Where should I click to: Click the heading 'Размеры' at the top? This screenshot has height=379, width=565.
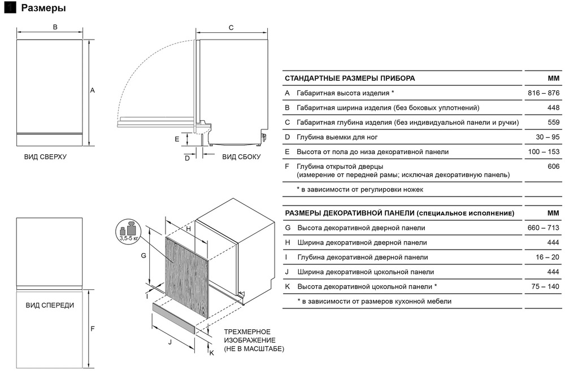(x=43, y=8)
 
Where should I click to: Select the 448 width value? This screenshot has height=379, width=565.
(x=553, y=107)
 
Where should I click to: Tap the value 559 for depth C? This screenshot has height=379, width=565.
(x=553, y=122)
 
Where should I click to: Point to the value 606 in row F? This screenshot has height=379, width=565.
(x=553, y=167)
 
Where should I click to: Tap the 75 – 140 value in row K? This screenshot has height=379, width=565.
(x=544, y=286)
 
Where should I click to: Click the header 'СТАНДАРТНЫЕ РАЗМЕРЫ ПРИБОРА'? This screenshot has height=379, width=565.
(x=350, y=78)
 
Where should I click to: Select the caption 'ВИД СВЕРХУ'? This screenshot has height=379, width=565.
(x=45, y=156)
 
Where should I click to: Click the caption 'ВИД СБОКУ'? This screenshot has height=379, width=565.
(x=241, y=156)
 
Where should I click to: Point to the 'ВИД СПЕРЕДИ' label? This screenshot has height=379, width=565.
(x=50, y=305)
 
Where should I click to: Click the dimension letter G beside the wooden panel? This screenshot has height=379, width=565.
(x=144, y=256)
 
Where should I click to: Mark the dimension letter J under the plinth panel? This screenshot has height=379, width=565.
(x=170, y=342)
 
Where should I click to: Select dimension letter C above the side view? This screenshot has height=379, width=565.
(x=231, y=27)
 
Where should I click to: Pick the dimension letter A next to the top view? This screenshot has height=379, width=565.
(x=92, y=90)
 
